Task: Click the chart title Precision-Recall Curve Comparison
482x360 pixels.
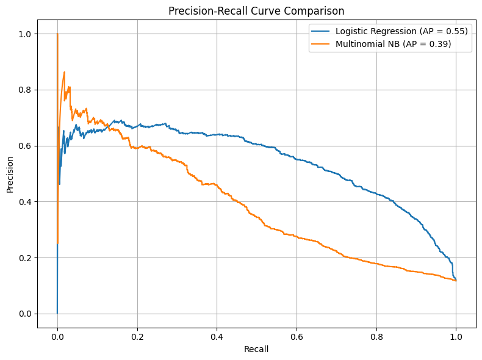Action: click(256, 10)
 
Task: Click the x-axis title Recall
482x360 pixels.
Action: click(256, 349)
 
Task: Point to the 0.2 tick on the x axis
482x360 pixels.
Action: click(137, 335)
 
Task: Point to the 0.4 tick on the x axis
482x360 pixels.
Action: click(217, 335)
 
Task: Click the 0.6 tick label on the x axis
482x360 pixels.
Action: click(297, 335)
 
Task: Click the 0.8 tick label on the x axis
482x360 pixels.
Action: click(376, 335)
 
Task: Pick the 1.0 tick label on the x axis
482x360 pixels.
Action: click(456, 335)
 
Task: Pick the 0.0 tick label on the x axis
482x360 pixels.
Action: click(57, 335)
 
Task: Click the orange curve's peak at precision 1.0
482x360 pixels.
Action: click(57, 34)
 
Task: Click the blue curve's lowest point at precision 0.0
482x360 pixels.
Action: click(57, 313)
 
